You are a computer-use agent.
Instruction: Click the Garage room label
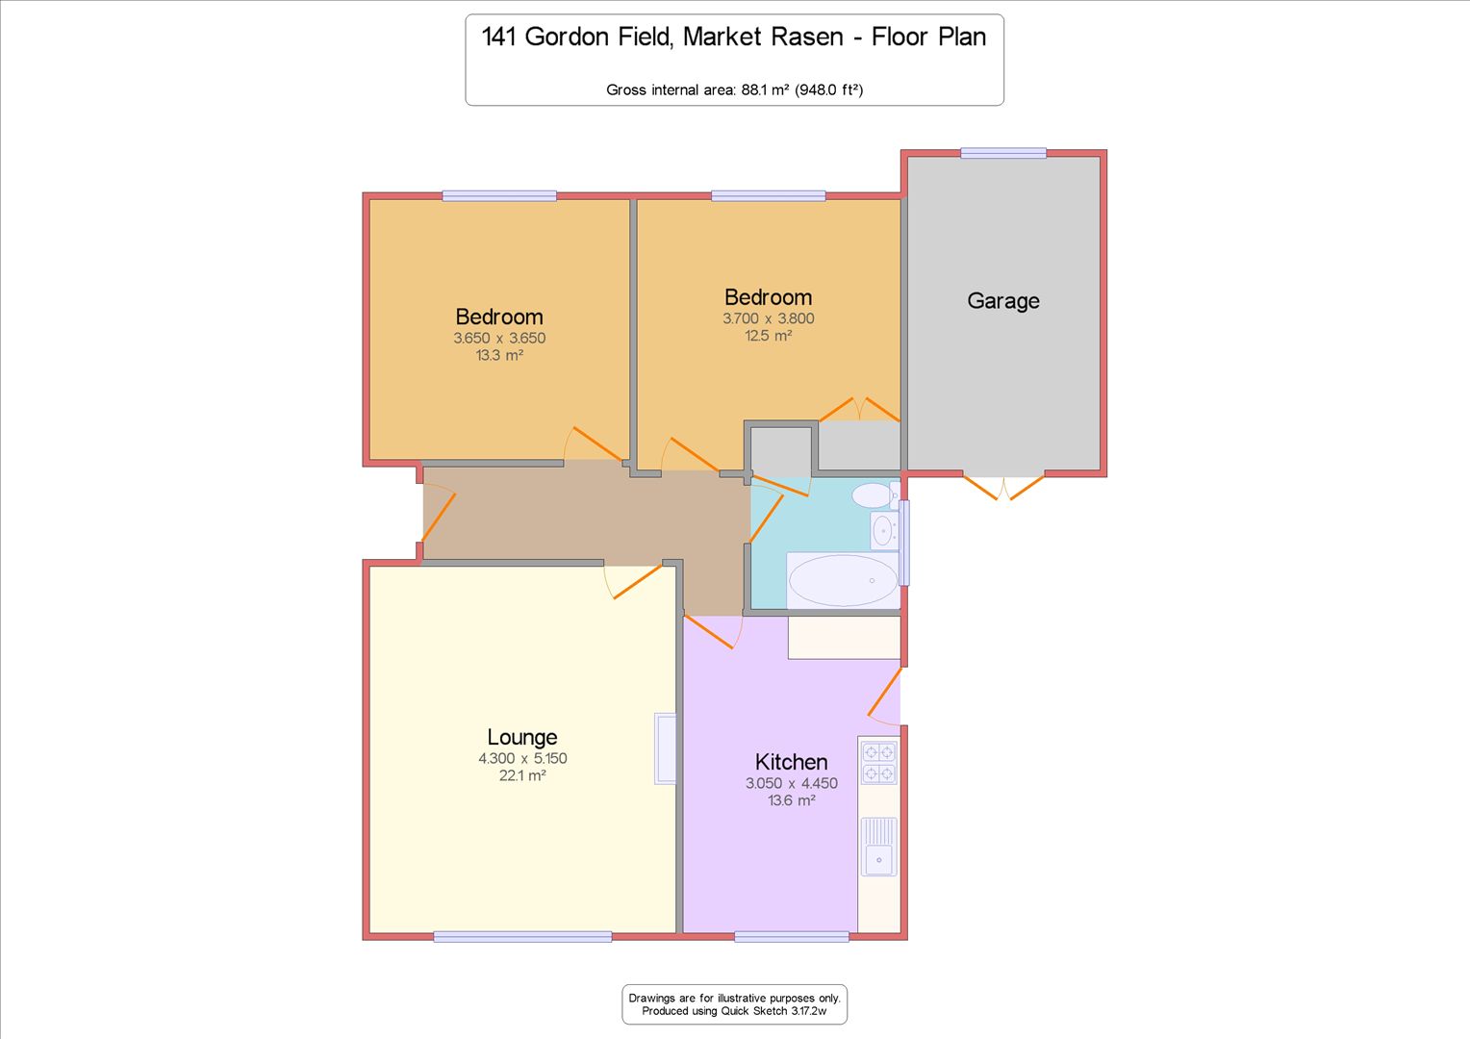pos(1002,301)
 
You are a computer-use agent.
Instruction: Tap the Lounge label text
pos(521,737)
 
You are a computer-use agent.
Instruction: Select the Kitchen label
pos(791,762)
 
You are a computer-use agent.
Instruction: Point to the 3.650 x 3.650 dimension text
pos(499,338)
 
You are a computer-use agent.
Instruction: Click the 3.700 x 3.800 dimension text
pos(769,318)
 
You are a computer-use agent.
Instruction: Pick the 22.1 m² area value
pos(522,775)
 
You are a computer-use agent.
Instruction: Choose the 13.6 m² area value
pos(792,800)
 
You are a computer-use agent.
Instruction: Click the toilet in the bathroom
pos(875,495)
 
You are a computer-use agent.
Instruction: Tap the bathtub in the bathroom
pos(843,581)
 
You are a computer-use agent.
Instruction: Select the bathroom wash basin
pos(884,530)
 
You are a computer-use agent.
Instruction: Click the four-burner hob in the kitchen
pos(878,762)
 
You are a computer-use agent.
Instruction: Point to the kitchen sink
pos(878,847)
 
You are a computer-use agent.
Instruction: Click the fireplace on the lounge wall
pos(666,748)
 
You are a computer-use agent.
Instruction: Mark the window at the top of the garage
pos(1003,153)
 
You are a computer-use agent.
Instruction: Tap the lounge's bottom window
pos(523,937)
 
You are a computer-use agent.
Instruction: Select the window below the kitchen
pos(792,937)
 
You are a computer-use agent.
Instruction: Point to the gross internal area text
pos(734,89)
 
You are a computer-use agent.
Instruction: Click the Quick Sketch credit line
pos(734,1011)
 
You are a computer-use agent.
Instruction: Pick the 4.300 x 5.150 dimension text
pos(522,758)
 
